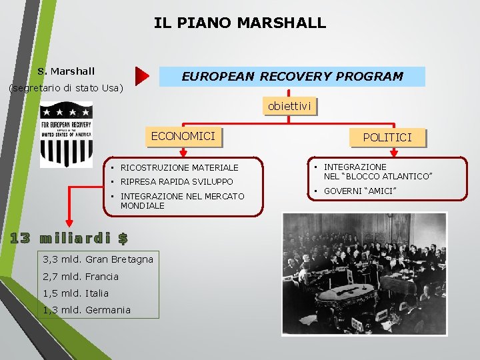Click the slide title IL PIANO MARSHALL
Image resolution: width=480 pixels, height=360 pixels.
[240, 23]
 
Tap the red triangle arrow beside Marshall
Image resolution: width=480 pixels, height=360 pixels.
[142, 77]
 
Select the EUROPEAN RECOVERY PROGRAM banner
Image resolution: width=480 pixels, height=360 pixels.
[292, 76]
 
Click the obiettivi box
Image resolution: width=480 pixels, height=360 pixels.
[289, 106]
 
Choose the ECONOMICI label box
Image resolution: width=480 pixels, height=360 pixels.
[183, 137]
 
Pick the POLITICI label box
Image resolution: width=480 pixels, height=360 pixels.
[387, 137]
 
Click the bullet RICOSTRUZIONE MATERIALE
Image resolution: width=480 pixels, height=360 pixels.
[179, 167]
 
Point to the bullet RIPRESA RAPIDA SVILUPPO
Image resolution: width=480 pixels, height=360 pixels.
[177, 181]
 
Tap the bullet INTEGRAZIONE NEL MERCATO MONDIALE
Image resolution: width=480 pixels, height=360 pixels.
[182, 201]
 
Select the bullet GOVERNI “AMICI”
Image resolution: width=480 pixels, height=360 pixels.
[360, 191]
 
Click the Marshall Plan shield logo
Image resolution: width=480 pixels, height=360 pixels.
[66, 134]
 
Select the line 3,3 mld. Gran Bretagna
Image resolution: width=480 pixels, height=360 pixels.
[98, 259]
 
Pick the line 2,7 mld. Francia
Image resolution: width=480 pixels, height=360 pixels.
[81, 276]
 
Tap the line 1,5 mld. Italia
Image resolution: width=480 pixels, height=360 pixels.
[76, 293]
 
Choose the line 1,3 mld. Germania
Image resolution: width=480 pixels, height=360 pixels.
[87, 310]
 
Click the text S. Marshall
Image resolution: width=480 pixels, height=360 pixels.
[66, 71]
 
